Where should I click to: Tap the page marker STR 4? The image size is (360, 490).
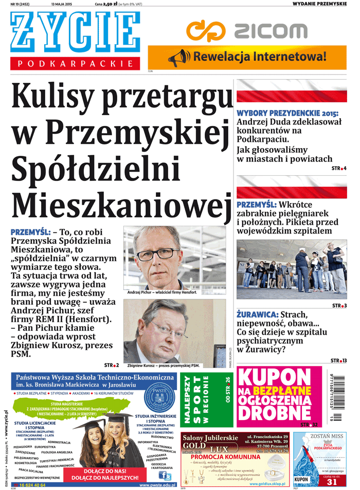coord(339,169)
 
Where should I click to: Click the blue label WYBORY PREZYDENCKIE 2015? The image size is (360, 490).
coord(287,113)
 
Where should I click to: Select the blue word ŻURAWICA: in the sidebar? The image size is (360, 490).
coord(258,314)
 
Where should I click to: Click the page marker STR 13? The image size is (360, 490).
coord(338,360)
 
